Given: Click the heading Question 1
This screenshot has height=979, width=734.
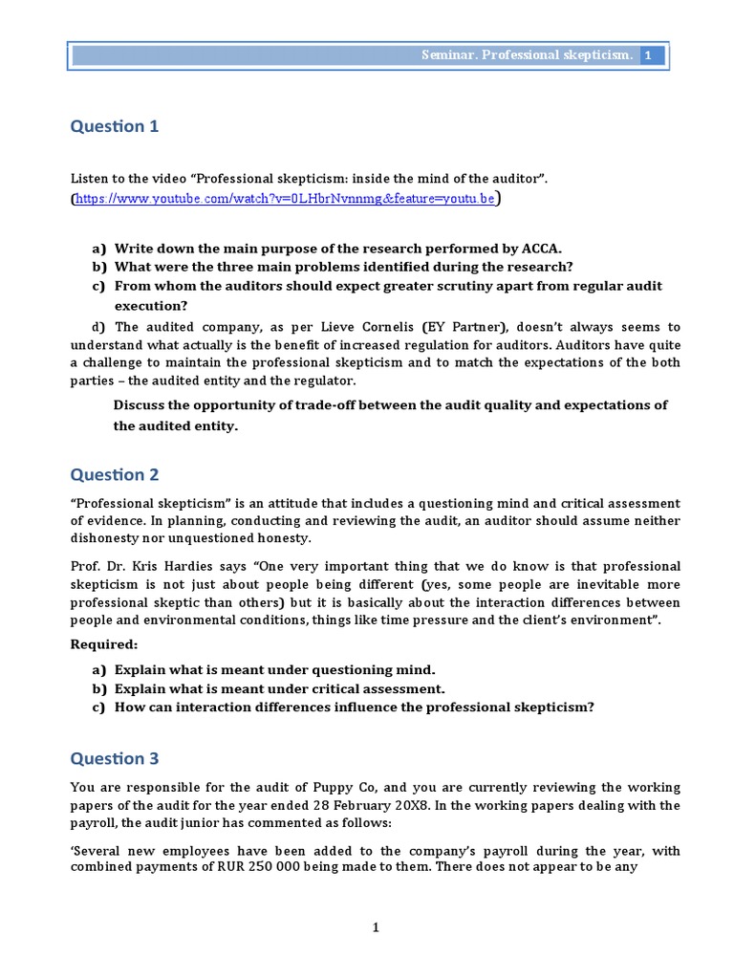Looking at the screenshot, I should [115, 126].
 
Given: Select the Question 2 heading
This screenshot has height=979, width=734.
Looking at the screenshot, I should [115, 475].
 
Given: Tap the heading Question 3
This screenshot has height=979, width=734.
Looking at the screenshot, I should [115, 759].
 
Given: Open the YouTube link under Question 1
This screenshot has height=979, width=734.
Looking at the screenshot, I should [285, 199].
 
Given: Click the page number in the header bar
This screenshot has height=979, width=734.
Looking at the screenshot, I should [648, 56].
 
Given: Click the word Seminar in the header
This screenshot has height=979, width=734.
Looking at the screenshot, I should [449, 56].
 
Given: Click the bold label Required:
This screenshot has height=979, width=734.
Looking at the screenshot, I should [103, 644].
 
